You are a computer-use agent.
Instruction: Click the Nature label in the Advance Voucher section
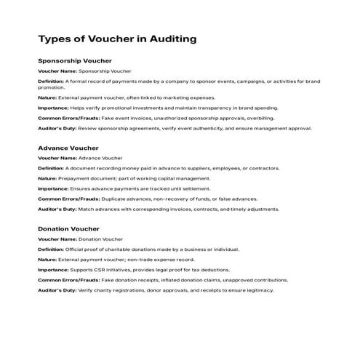click(47, 178)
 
